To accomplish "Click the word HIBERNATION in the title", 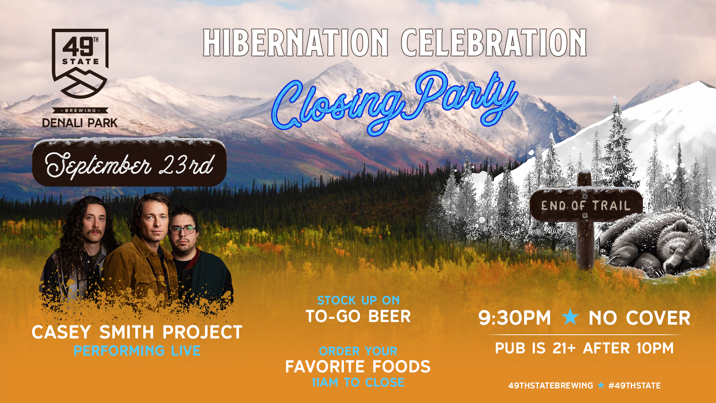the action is coord(296,43).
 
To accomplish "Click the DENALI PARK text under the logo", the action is coord(80,123).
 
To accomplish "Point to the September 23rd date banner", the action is coord(129,163).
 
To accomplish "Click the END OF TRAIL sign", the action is coord(586,205).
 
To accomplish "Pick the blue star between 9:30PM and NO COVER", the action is coord(570,317).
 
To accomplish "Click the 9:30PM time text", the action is coord(515,318).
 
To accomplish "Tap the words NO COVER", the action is coord(640,318).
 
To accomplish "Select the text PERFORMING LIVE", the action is coord(137,351).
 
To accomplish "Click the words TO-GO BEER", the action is coord(358,316).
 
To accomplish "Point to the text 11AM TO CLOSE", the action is coord(358,382).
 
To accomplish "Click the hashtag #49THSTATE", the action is coord(634,385).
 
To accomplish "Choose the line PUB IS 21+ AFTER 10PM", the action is coord(584,349).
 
